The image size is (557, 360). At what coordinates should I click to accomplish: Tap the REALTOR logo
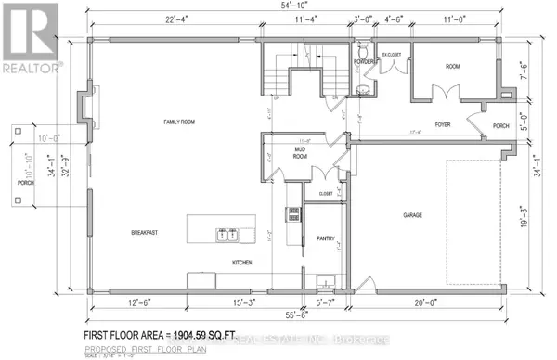[x=32, y=37]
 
